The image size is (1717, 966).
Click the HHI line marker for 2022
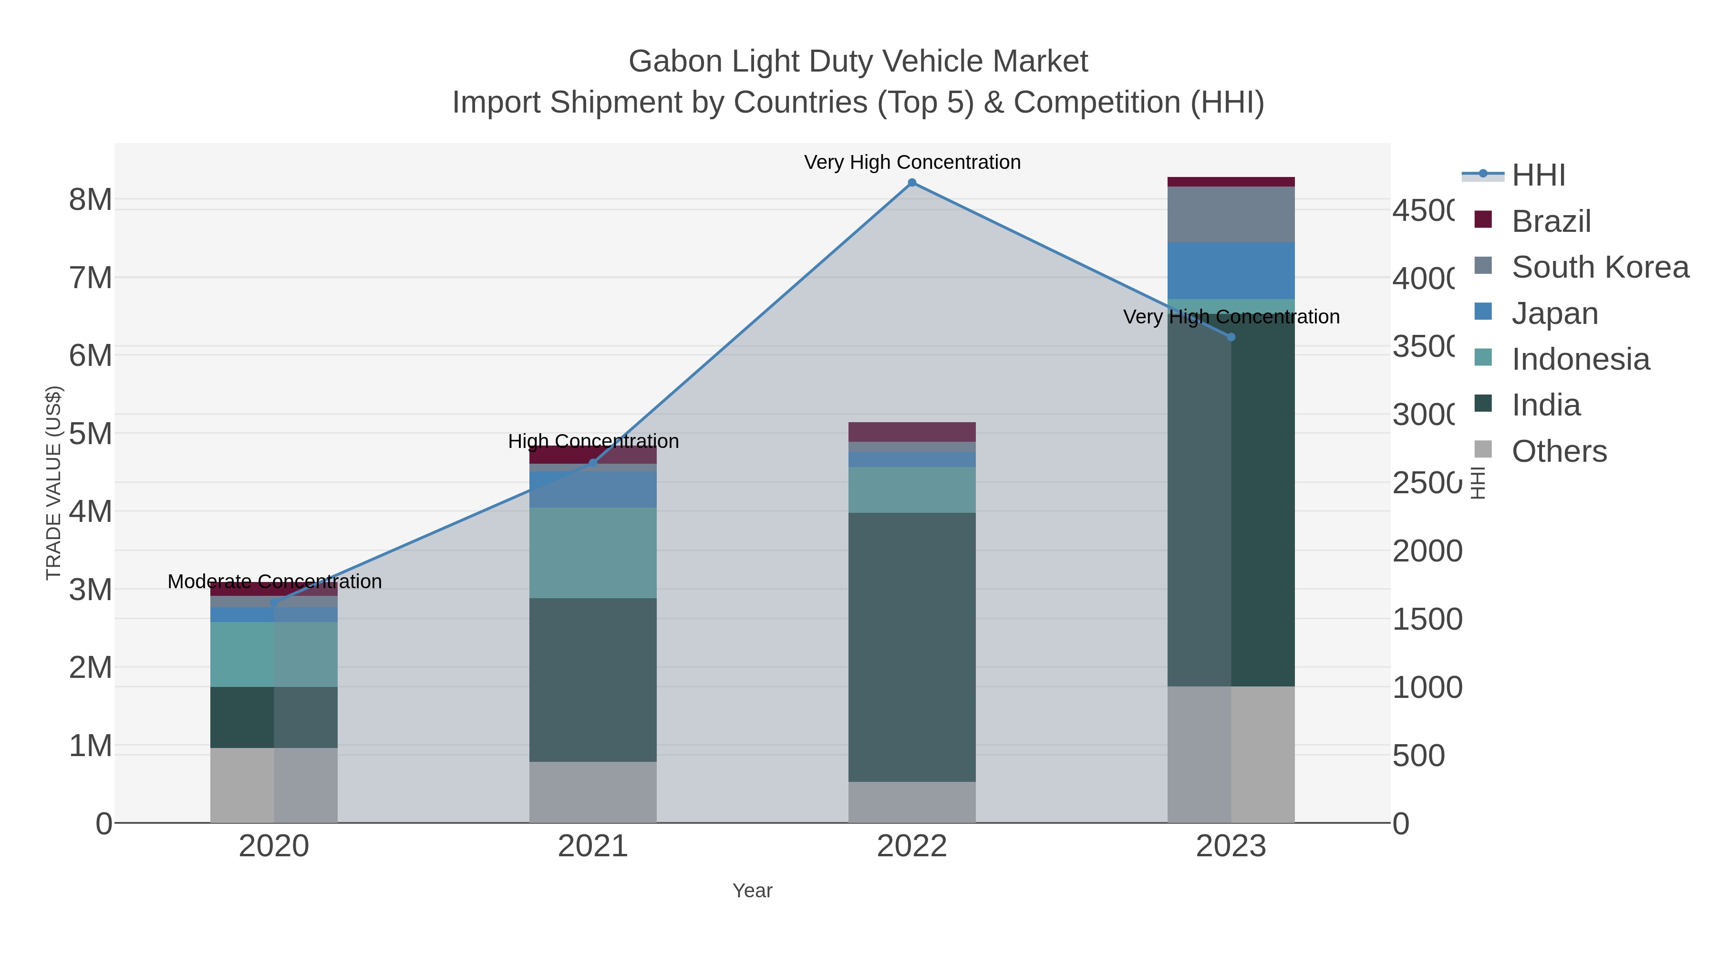click(x=912, y=183)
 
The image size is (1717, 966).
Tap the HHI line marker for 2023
click(x=1231, y=337)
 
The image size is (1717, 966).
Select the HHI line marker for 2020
click(x=274, y=602)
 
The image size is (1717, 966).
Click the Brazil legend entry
click(x=1551, y=221)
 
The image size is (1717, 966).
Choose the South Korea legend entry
click(x=1600, y=267)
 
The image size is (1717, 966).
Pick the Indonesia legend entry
click(x=1581, y=359)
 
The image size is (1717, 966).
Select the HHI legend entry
click(x=1538, y=176)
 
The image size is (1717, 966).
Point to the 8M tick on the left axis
click(x=91, y=199)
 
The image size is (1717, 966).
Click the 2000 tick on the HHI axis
click(x=1427, y=551)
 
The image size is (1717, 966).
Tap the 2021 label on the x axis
click(x=592, y=847)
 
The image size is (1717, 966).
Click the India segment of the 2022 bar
click(x=912, y=647)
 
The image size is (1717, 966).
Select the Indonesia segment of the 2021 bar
click(x=592, y=553)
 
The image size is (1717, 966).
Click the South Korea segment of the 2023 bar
click(x=1231, y=215)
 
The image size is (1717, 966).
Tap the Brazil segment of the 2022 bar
click(x=912, y=432)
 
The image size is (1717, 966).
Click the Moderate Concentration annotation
click(x=274, y=582)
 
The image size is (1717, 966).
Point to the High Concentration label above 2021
click(x=592, y=441)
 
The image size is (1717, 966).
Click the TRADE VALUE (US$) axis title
click(x=53, y=483)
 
